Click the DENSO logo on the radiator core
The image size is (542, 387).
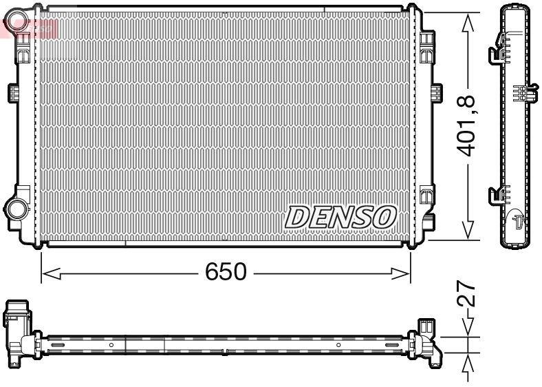point(340,216)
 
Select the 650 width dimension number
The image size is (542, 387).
point(226,272)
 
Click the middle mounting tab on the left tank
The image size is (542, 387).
point(12,92)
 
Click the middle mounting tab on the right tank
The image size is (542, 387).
point(435,93)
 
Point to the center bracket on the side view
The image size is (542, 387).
point(521,93)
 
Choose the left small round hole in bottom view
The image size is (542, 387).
point(111,344)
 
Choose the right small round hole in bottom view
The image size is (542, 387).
point(338,344)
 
